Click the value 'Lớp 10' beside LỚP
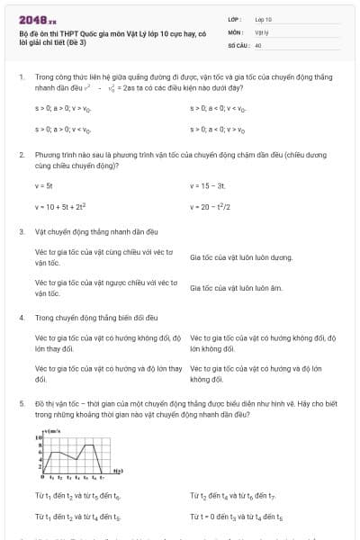pyautogui.click(x=264, y=18)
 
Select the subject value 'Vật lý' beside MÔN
pyautogui.click(x=262, y=31)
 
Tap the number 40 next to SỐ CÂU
pyautogui.click(x=258, y=44)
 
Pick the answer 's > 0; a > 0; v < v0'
pyautogui.click(x=65, y=130)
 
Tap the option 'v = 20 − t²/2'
pyautogui.click(x=211, y=206)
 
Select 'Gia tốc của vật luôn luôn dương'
pyautogui.click(x=241, y=257)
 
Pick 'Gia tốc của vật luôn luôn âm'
pyautogui.click(x=237, y=288)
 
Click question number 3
pyautogui.click(x=22, y=231)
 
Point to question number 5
pyautogui.click(x=22, y=406)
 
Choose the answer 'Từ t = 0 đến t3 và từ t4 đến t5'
pyautogui.click(x=237, y=518)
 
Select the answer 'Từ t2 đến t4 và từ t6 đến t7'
pyautogui.click(x=234, y=496)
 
